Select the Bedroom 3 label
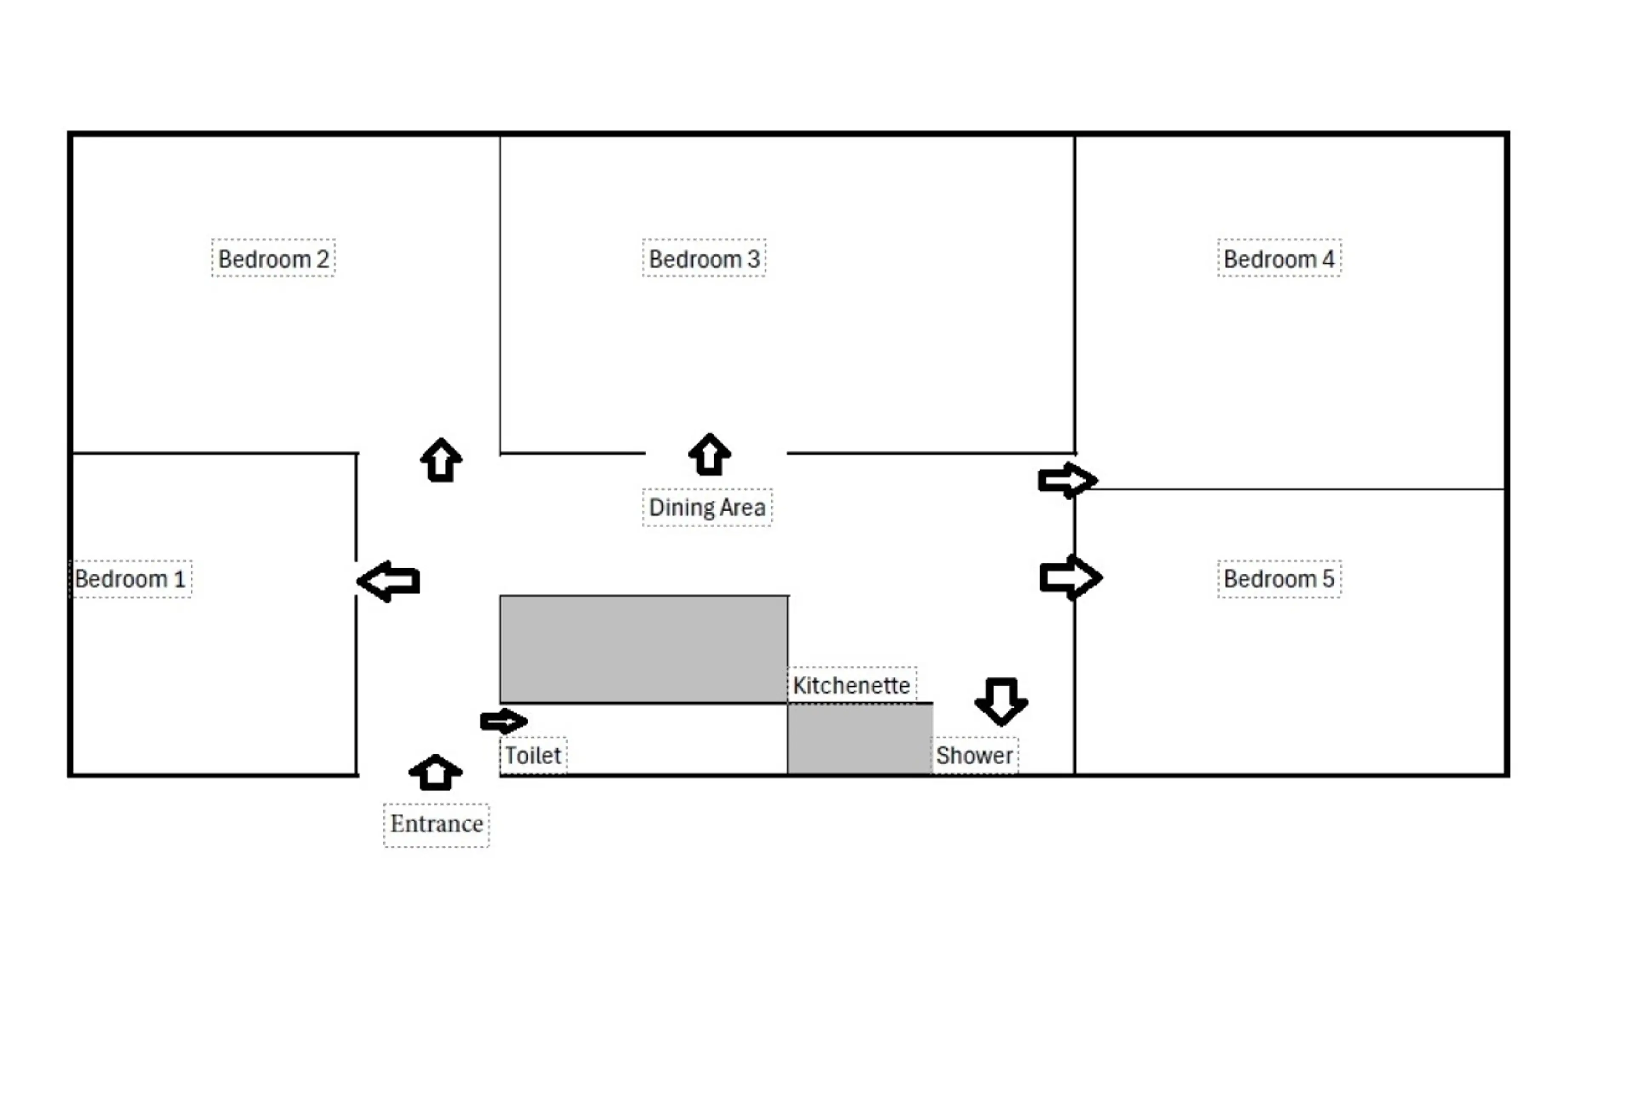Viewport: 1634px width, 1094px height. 703,259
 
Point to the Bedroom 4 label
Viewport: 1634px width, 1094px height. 1278,259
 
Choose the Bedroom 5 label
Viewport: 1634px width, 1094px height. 1278,578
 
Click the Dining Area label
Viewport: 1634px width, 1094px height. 707,507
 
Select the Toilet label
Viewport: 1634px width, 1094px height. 533,755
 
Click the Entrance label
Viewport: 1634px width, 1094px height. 436,824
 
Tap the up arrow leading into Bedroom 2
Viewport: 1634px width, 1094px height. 441,460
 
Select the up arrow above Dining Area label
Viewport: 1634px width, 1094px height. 709,455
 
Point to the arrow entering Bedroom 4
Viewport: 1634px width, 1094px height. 1067,480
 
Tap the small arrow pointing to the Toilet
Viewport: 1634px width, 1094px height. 503,721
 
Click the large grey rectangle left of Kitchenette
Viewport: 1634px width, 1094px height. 643,649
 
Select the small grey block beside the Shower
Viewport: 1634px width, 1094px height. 860,739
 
